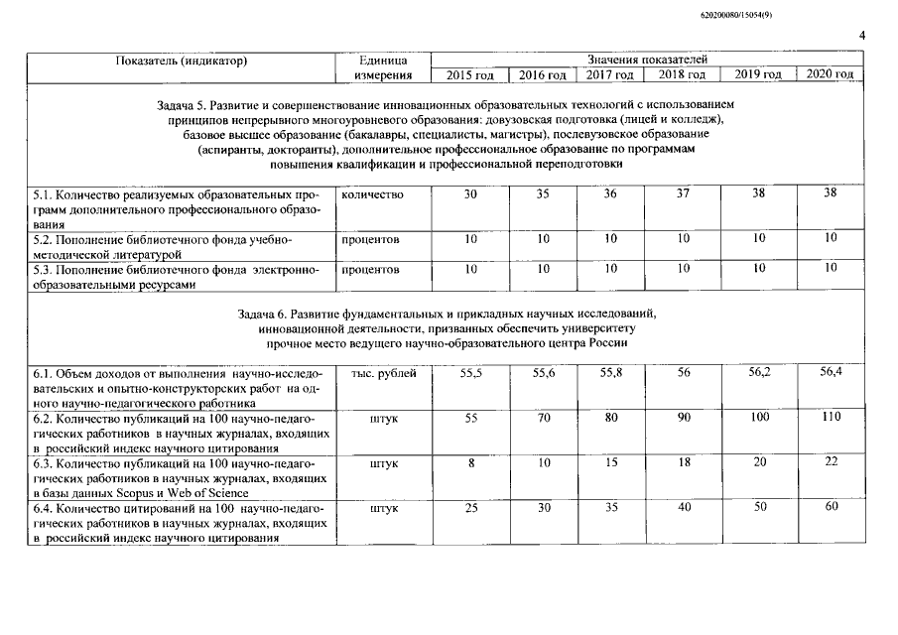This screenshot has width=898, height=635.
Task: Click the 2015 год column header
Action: pos(470,75)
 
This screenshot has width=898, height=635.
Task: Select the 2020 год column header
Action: pos(830,74)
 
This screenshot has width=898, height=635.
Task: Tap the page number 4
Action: pos(861,37)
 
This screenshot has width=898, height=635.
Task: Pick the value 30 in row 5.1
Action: pos(470,194)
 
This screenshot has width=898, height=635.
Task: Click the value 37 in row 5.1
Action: pos(682,193)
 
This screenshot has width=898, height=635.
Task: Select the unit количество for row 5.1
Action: pos(372,194)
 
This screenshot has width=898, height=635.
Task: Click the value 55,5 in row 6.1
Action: pos(471,373)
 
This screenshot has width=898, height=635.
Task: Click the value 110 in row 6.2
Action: pos(831,418)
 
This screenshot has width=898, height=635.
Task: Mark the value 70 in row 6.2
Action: pos(543,419)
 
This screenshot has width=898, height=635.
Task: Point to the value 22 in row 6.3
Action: pos(831,462)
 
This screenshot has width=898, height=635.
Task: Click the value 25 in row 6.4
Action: pos(470,508)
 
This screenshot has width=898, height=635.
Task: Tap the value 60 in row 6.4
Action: pos(831,507)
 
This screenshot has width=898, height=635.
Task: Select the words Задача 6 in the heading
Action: pos(267,314)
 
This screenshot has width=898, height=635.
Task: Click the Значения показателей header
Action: pos(647,62)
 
